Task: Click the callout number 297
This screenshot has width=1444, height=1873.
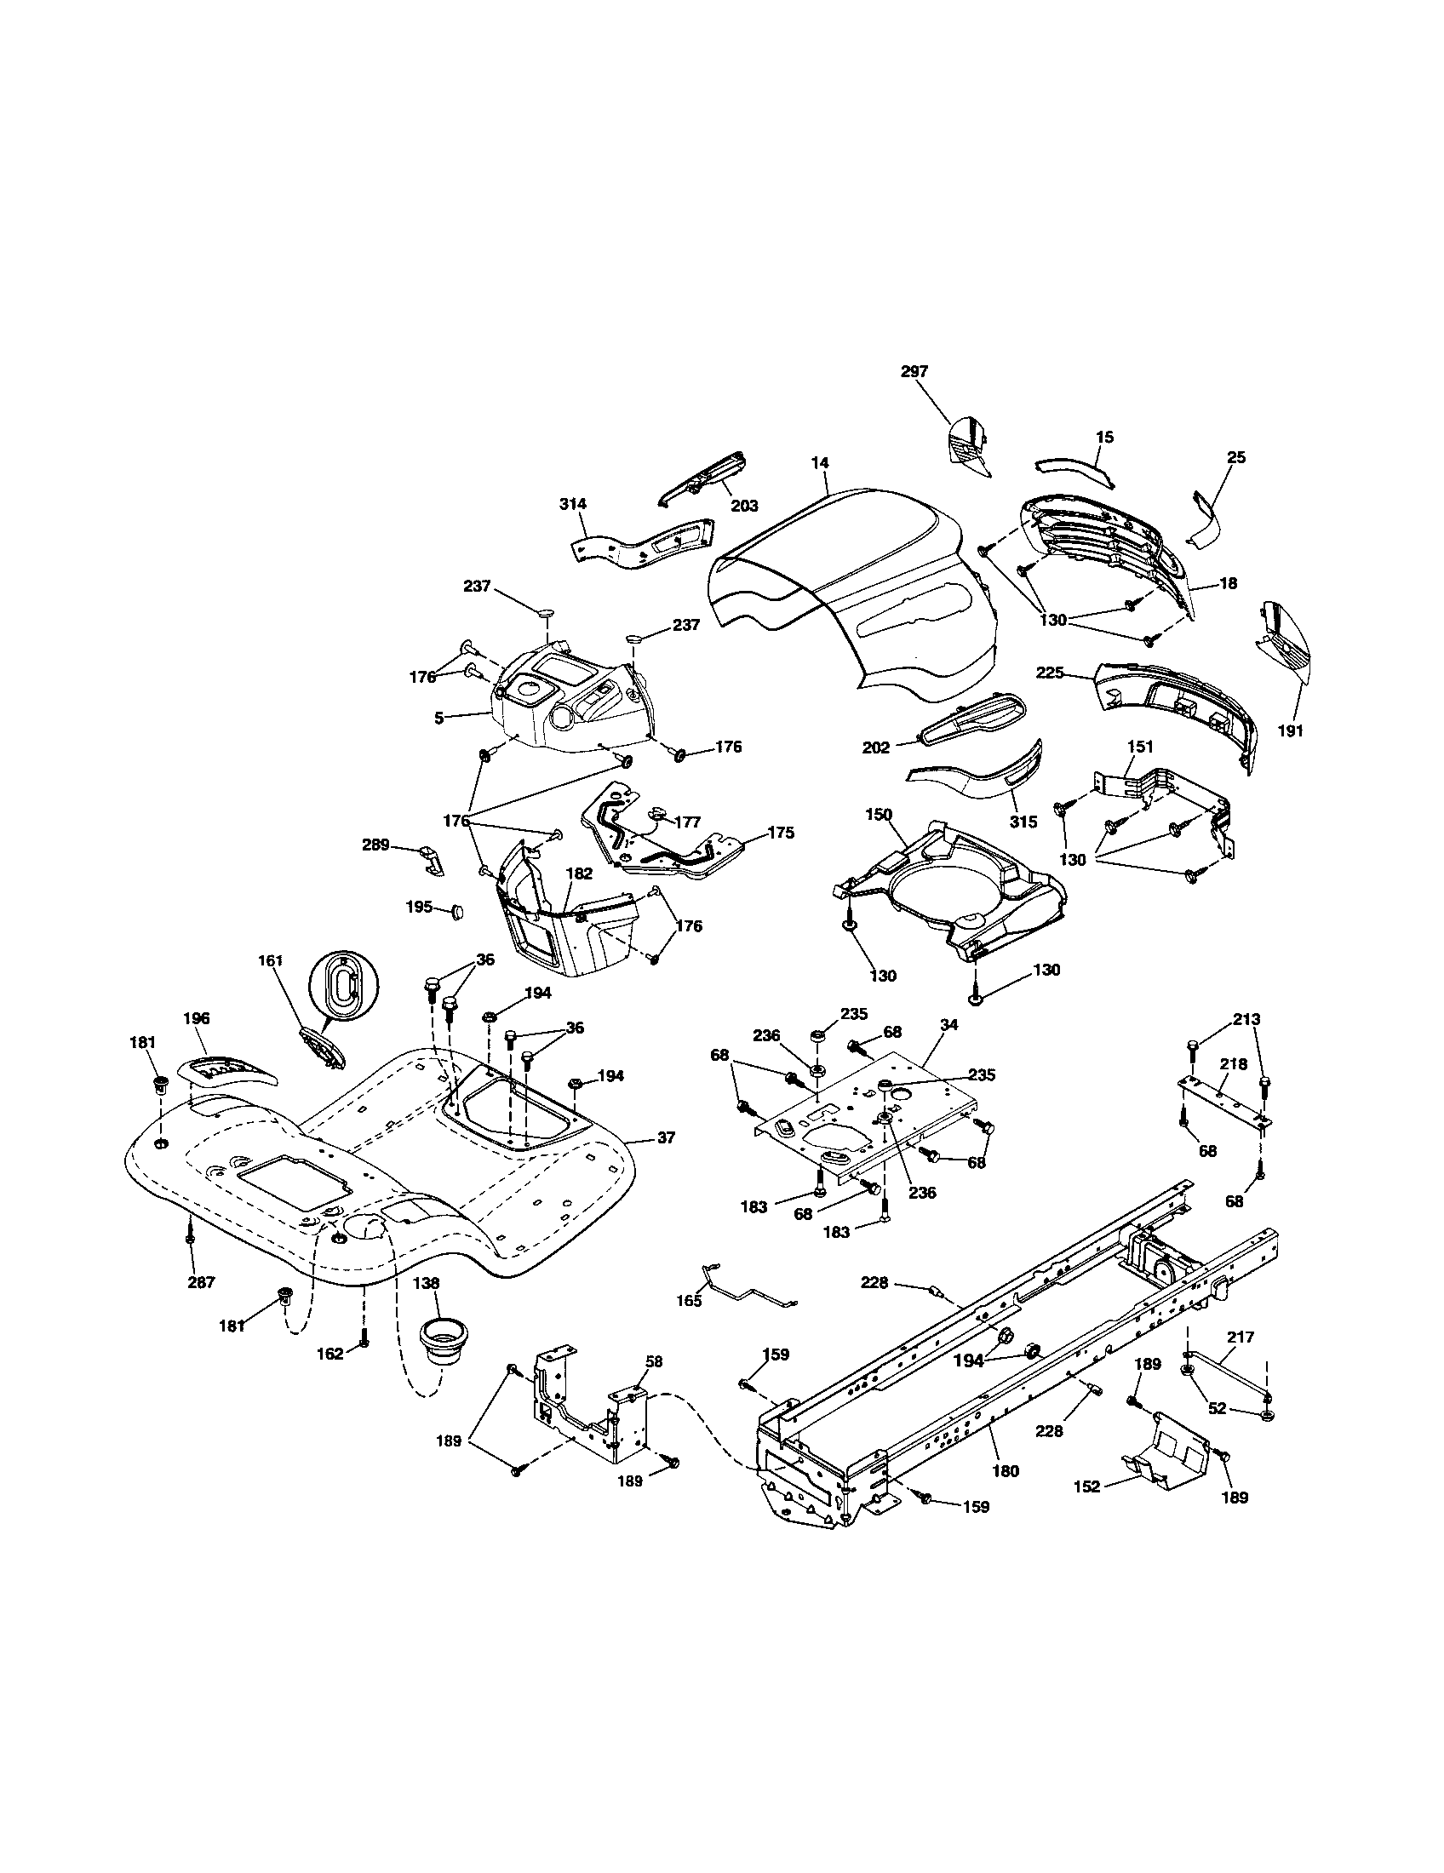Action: (914, 371)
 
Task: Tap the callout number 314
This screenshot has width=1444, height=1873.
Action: (573, 504)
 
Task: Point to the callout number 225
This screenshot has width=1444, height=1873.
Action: (1074, 673)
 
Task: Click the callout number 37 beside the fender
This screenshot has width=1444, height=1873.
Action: (666, 1138)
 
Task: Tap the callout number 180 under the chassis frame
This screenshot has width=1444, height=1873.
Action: (1005, 1471)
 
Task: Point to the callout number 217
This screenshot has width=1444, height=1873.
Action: (1241, 1336)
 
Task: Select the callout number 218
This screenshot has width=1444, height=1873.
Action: (1233, 1064)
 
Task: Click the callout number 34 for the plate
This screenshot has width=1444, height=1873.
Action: (948, 1025)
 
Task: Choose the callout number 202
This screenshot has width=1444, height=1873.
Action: (876, 747)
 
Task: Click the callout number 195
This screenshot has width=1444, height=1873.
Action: (417, 907)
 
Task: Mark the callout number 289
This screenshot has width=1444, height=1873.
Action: (375, 845)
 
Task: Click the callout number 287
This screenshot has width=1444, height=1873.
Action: (201, 1282)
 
